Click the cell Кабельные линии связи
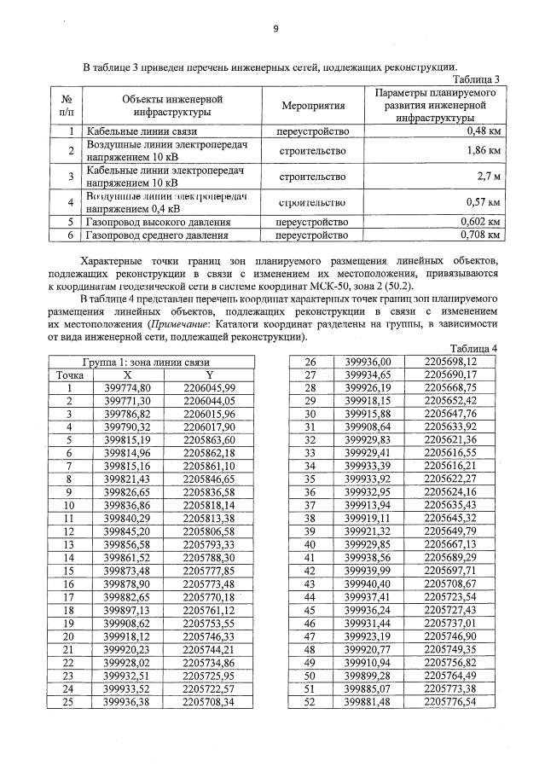(x=142, y=132)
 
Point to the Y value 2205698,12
(x=450, y=362)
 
